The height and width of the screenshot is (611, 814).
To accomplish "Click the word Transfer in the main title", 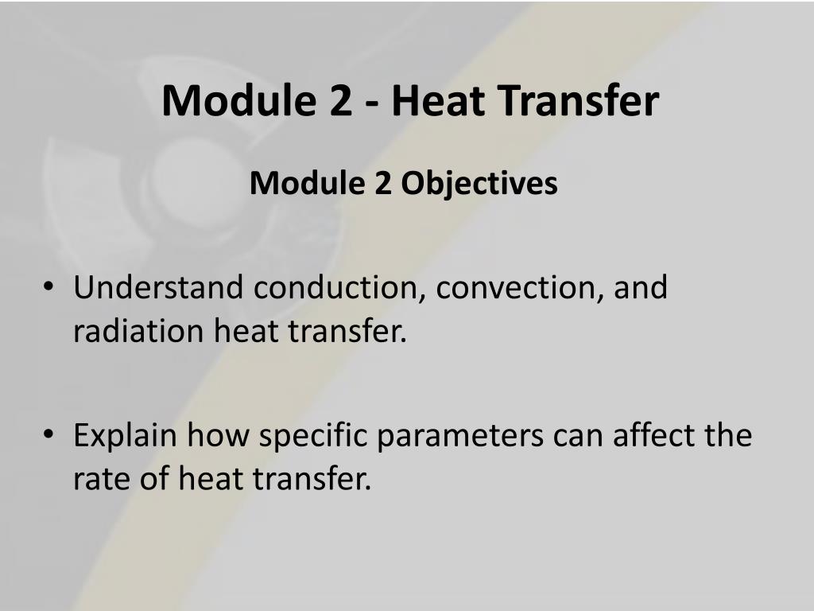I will (576, 101).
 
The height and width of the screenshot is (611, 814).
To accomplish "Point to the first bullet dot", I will (50, 289).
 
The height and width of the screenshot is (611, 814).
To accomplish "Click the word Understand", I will (158, 287).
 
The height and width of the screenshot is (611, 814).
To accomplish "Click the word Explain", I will (124, 436).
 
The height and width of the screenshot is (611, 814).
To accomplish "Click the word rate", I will (98, 480).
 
